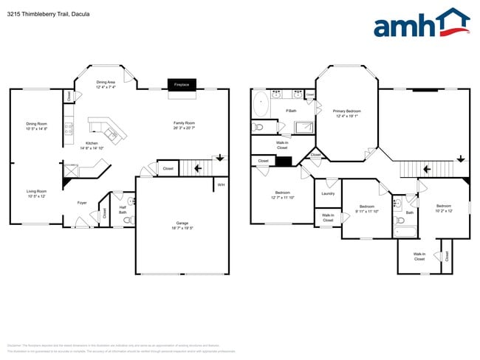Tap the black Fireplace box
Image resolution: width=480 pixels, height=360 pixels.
(181, 85)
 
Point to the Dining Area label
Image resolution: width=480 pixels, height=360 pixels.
(106, 84)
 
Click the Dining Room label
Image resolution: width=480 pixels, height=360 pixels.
(36, 125)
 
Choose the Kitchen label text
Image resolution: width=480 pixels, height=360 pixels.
(92, 145)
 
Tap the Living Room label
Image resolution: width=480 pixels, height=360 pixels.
(36, 193)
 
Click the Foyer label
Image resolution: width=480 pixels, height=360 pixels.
(83, 202)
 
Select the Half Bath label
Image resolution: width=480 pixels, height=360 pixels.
(123, 210)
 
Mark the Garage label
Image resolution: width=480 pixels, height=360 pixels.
(182, 226)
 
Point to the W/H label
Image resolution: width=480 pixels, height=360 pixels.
(220, 184)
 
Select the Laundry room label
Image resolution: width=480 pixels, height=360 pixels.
(328, 194)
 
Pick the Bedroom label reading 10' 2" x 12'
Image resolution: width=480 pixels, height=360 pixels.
(443, 207)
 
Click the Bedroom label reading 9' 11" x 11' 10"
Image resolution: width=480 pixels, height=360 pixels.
(368, 209)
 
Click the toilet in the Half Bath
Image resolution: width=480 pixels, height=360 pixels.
(131, 201)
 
